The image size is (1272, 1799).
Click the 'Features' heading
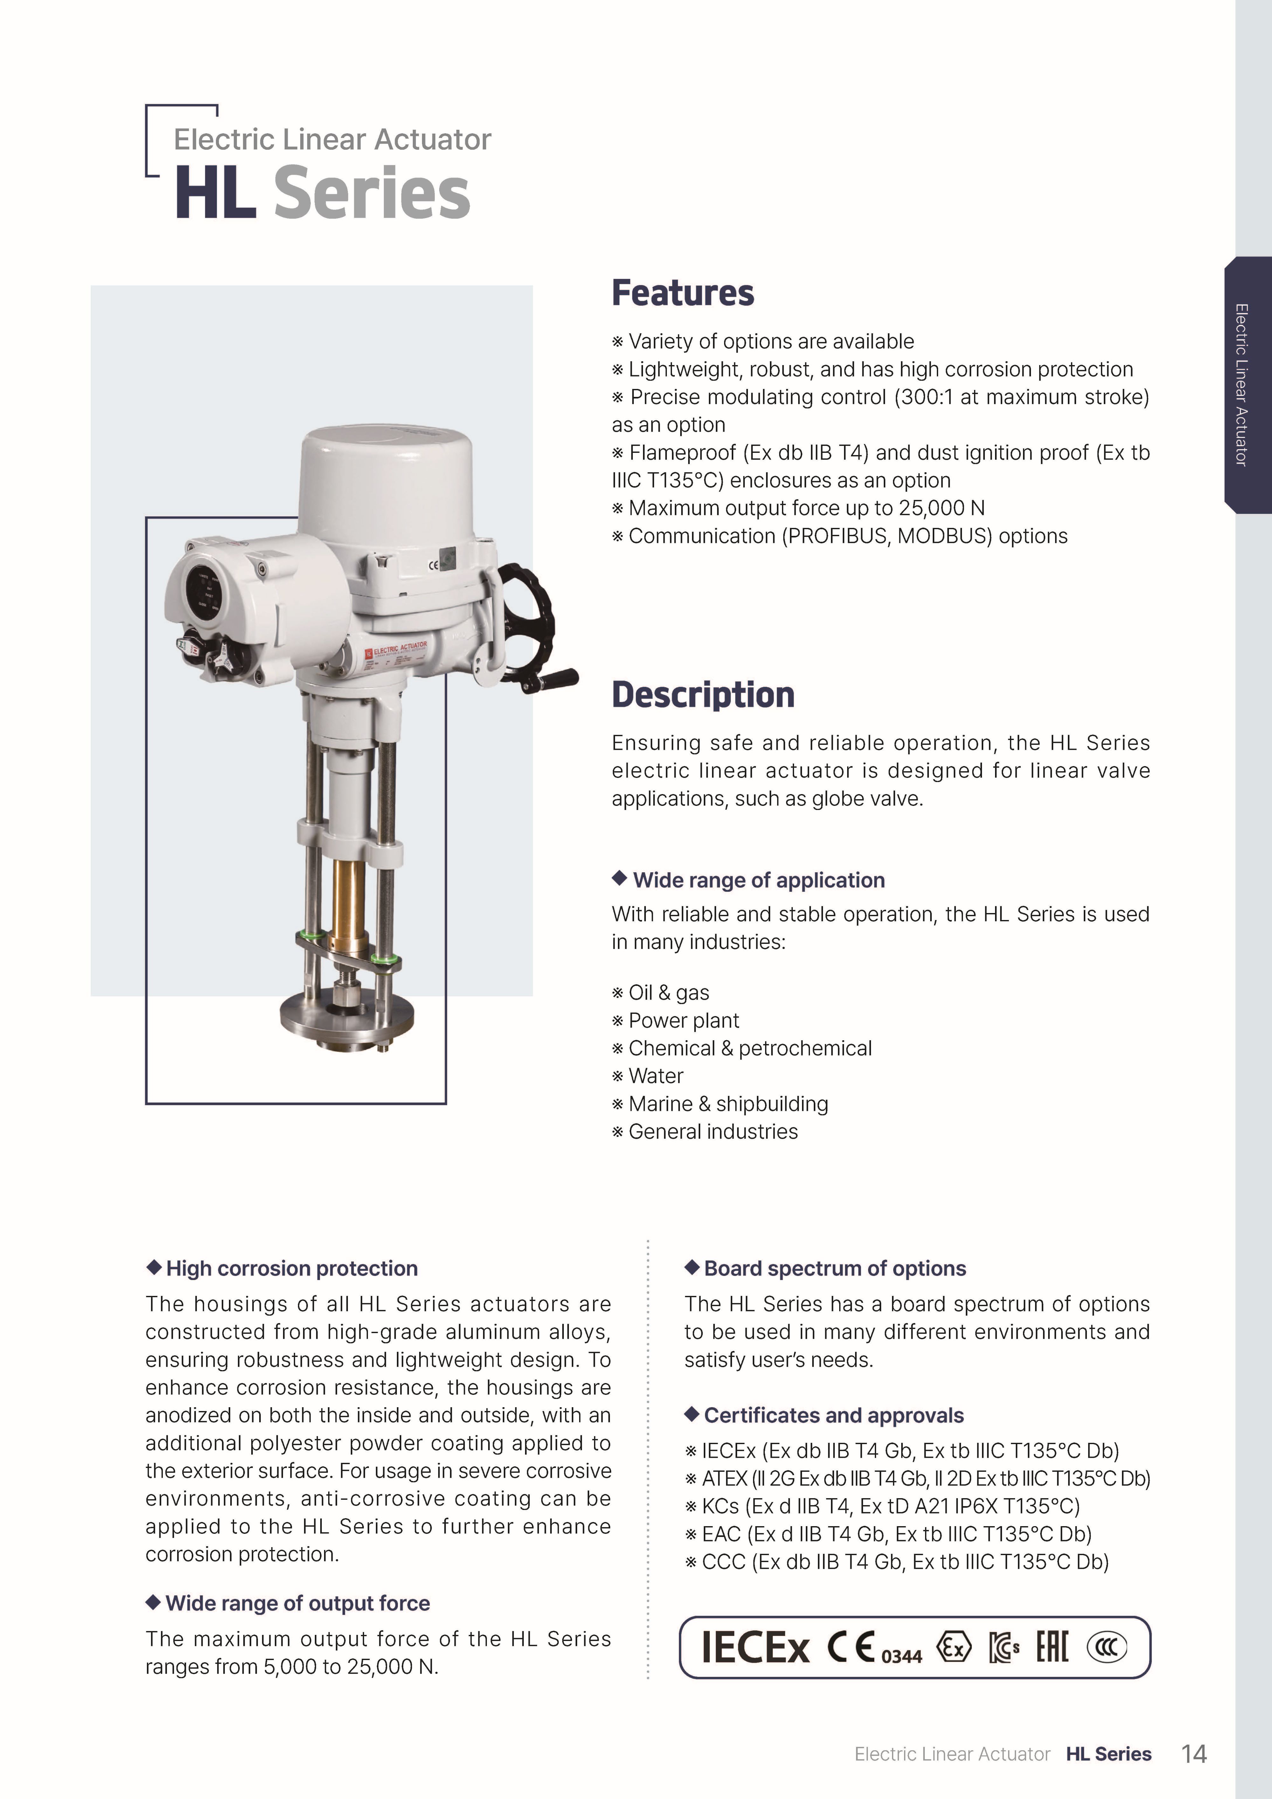click(x=683, y=293)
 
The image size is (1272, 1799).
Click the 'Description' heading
click(x=703, y=695)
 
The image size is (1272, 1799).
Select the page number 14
click(x=1194, y=1754)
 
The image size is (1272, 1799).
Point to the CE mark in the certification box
click(x=850, y=1646)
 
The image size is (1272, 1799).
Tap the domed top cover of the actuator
click(x=386, y=482)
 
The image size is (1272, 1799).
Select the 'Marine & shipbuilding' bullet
click(x=728, y=1104)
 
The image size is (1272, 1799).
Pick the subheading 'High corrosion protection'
click(x=292, y=1269)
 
